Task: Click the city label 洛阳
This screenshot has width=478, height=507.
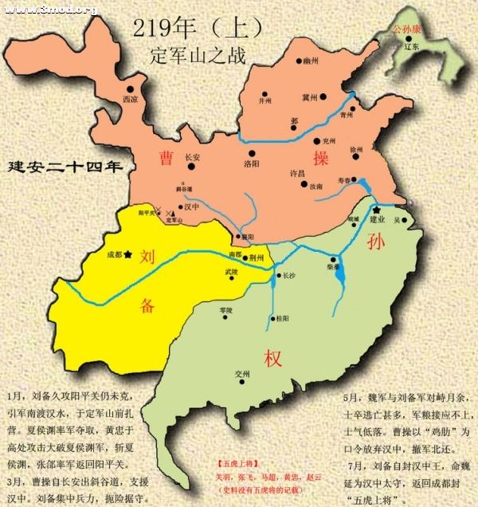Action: click(251, 164)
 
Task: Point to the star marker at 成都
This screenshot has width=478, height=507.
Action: click(127, 255)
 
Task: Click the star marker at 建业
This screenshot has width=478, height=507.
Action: click(376, 209)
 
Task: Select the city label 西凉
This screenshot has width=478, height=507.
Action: click(130, 100)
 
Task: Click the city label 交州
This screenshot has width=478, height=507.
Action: click(242, 373)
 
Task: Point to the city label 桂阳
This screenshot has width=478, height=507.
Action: click(280, 318)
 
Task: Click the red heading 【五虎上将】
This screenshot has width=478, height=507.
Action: click(235, 462)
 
